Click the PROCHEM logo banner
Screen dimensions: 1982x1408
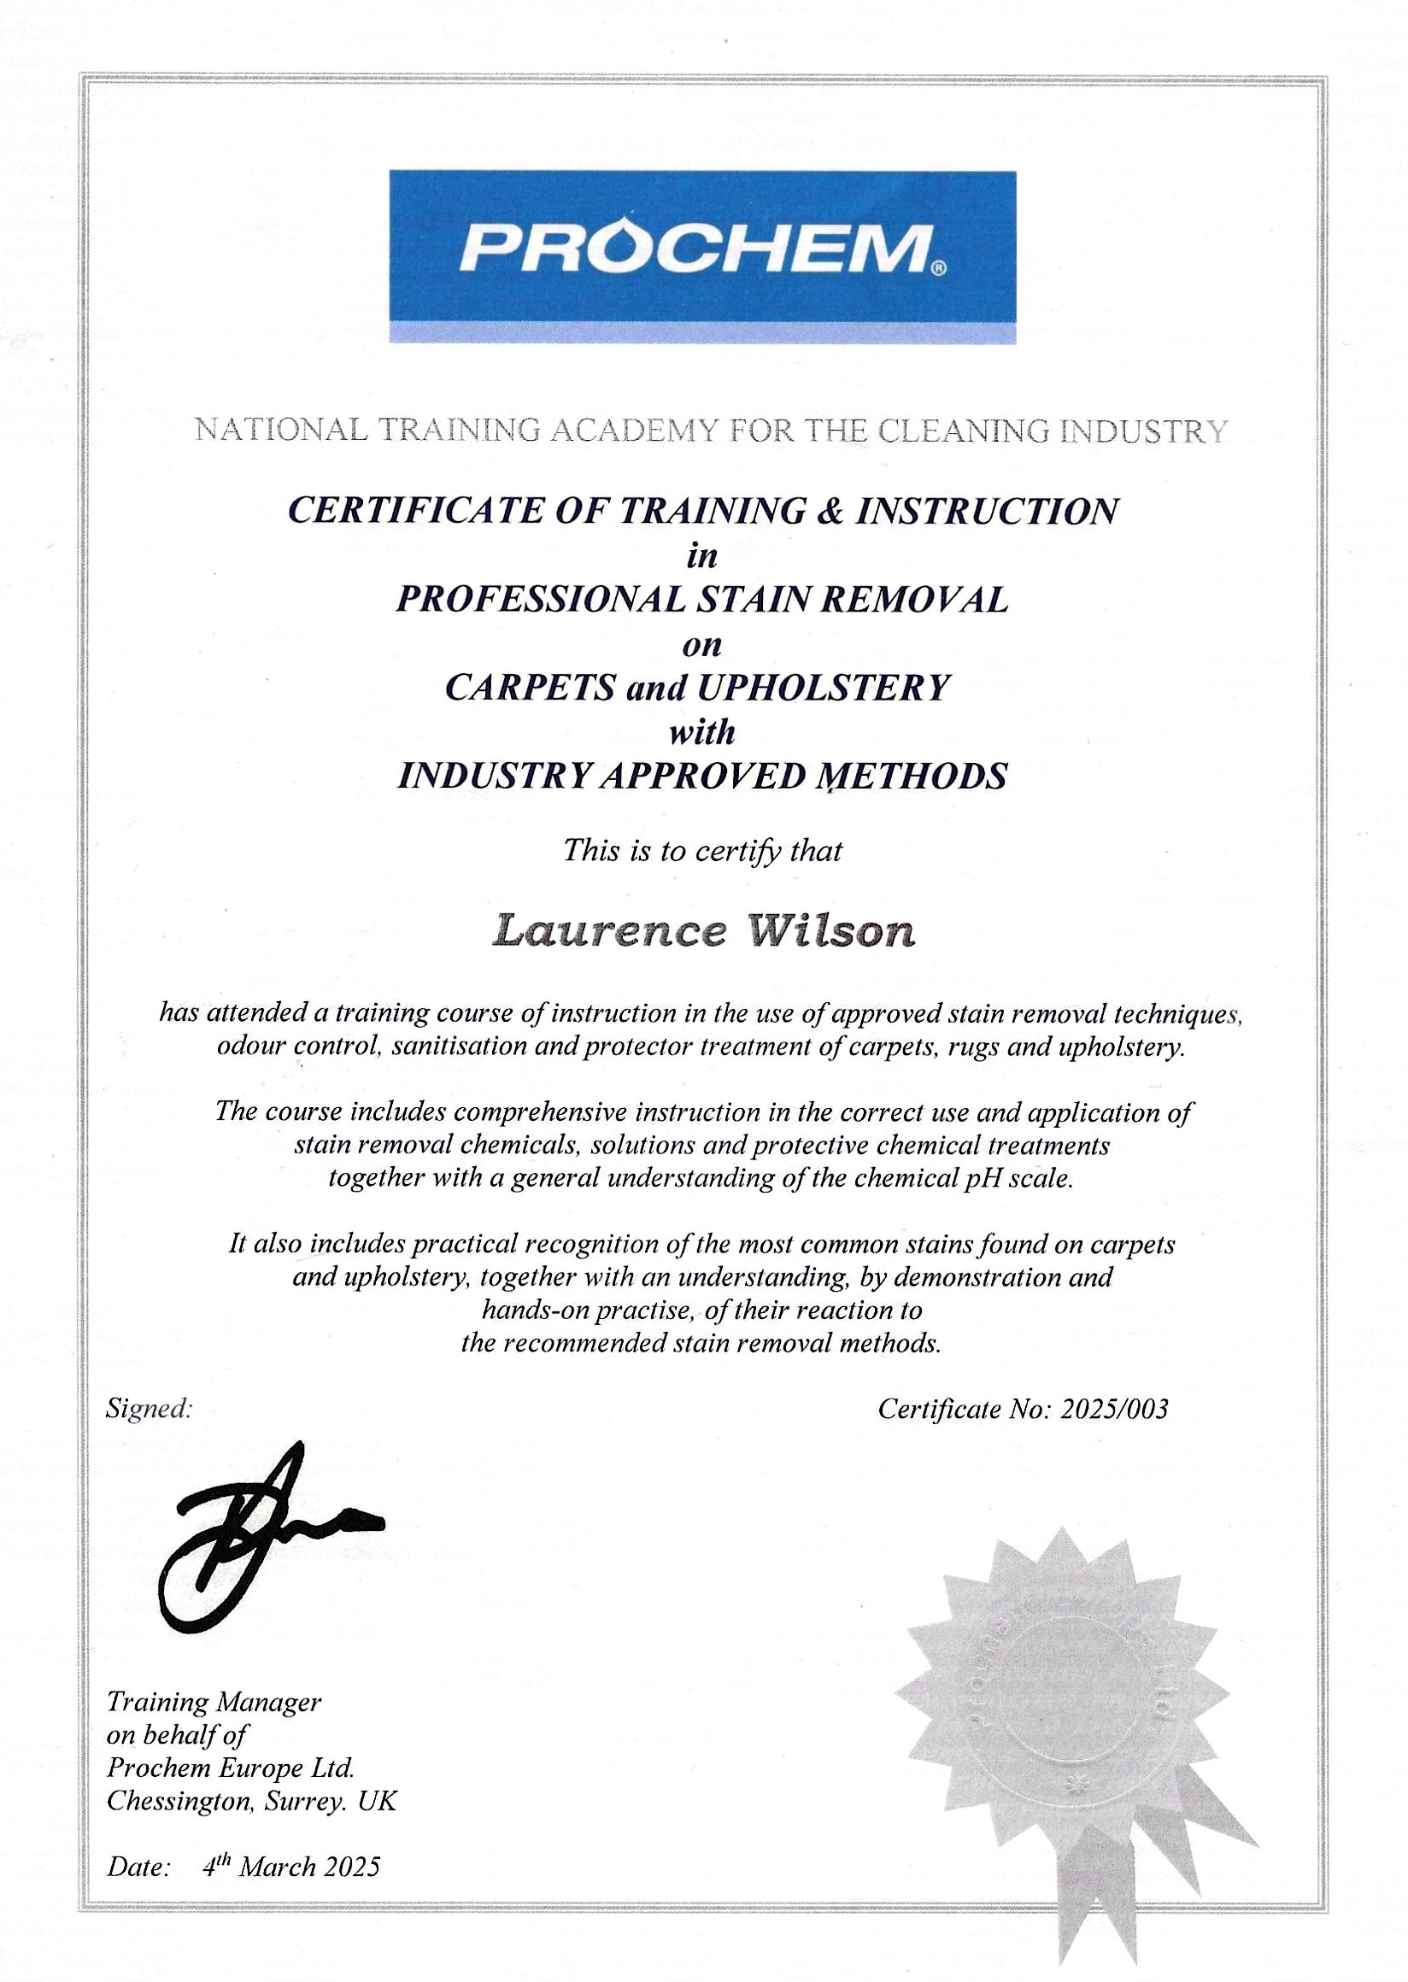(x=702, y=256)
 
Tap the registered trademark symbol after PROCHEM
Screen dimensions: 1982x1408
(x=938, y=270)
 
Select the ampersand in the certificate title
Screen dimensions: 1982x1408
(x=833, y=511)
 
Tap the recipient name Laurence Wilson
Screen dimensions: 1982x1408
(x=702, y=932)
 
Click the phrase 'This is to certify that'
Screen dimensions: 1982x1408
(x=702, y=852)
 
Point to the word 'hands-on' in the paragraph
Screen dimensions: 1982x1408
(x=534, y=1311)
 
